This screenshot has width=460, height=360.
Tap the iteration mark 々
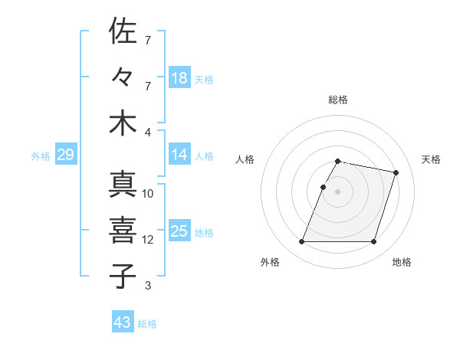click(123, 77)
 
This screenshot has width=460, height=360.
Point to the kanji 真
click(123, 185)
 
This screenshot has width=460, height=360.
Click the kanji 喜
click(123, 231)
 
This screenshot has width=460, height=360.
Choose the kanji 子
click(123, 277)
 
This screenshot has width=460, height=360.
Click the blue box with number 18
click(179, 78)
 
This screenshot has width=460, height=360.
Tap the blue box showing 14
click(179, 155)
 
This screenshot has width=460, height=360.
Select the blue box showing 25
click(179, 231)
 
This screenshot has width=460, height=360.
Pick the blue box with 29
click(65, 155)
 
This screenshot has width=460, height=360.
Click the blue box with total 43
click(123, 322)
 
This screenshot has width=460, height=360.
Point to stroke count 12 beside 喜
click(148, 240)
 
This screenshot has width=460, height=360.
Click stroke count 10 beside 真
click(148, 194)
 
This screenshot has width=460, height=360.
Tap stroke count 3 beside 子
click(148, 286)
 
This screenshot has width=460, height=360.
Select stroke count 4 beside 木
click(148, 132)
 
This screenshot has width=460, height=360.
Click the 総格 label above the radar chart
click(338, 100)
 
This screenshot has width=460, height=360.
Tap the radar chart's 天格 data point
click(396, 172)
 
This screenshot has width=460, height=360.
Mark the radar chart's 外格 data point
click(302, 242)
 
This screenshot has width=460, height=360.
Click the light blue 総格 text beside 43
click(147, 324)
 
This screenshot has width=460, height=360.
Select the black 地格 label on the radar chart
click(402, 263)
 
